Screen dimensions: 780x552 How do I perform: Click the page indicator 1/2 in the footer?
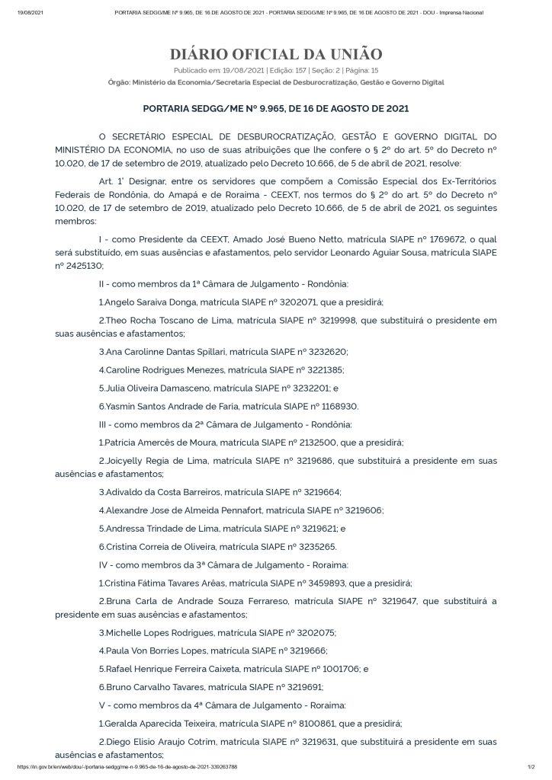(531, 767)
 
